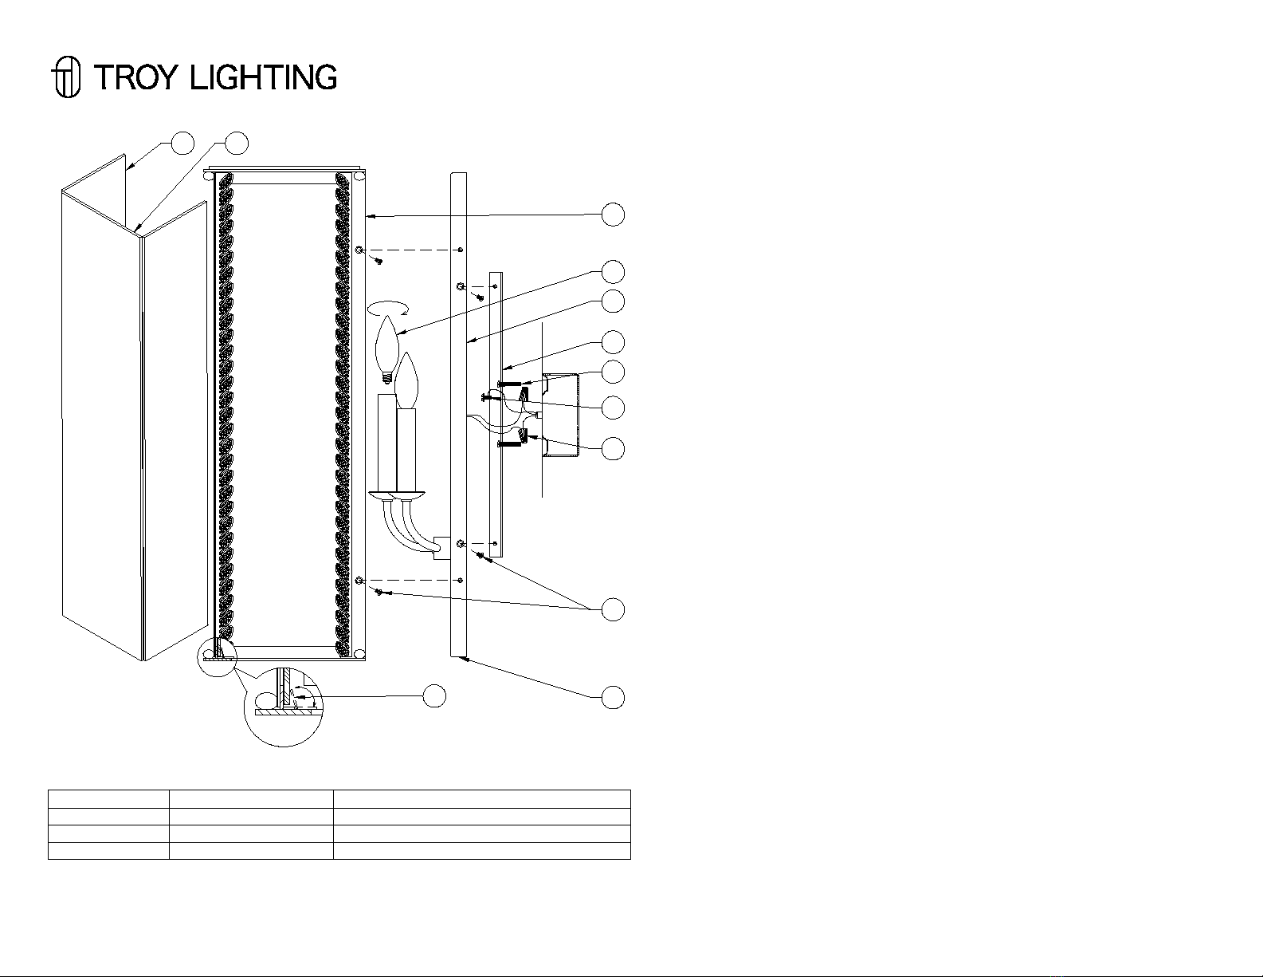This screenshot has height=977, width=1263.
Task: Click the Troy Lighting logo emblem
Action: point(66,77)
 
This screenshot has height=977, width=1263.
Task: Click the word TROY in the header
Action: point(134,77)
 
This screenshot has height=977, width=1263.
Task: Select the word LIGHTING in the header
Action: point(264,77)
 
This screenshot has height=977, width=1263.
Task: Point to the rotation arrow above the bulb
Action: point(388,308)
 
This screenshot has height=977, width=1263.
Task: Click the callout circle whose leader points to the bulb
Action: point(613,272)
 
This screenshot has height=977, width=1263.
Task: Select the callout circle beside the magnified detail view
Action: point(434,695)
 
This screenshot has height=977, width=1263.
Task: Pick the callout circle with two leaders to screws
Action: point(613,609)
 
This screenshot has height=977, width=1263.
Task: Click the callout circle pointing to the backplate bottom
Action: point(613,697)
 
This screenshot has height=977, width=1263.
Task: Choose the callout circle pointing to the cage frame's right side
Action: point(613,215)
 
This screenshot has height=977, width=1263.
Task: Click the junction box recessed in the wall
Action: point(561,416)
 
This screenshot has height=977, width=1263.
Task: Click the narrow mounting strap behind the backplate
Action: point(496,414)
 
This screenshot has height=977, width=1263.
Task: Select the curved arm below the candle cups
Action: point(410,526)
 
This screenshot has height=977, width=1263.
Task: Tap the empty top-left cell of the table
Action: point(108,798)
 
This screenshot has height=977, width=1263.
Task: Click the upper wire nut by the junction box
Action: point(524,396)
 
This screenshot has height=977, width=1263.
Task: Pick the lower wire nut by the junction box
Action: point(523,435)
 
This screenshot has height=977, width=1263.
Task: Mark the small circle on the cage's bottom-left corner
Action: point(218,656)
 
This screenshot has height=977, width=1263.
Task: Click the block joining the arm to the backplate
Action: point(442,548)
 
